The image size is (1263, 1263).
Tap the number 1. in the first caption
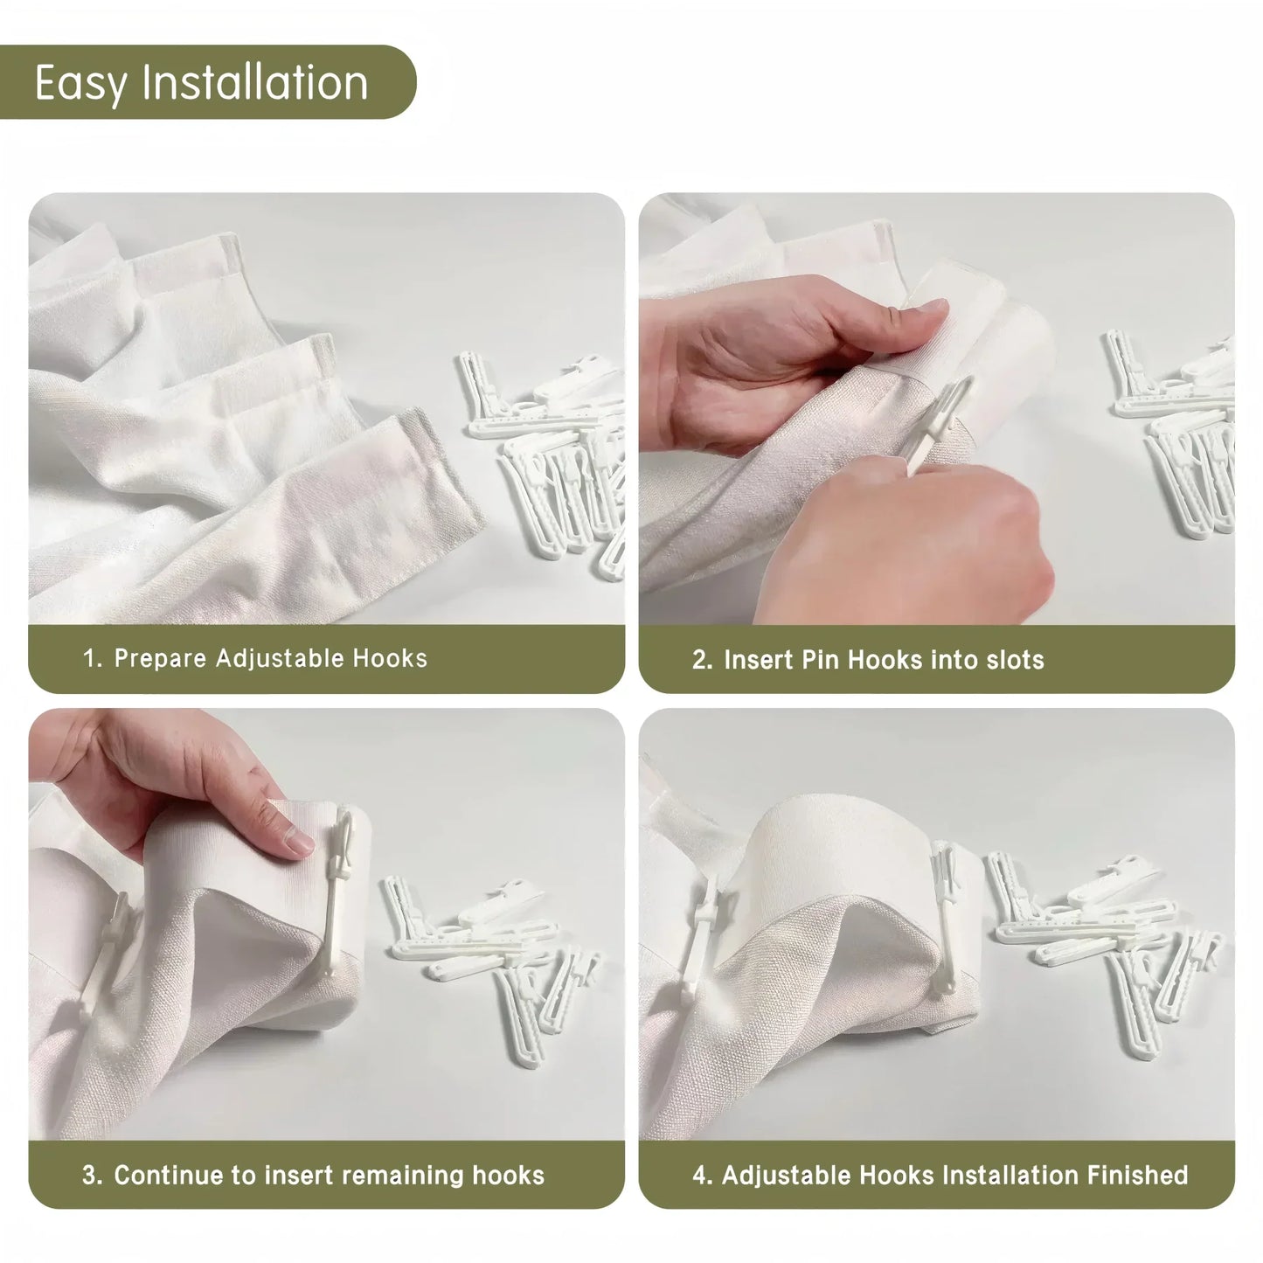coord(93,658)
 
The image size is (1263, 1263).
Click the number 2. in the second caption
coord(703,659)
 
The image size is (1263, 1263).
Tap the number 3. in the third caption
coord(93,1175)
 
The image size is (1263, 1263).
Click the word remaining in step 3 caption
coord(403,1175)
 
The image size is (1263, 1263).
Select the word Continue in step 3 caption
coord(169,1175)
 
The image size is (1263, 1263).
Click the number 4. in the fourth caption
coord(703,1175)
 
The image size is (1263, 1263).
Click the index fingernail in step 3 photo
coord(298,841)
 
